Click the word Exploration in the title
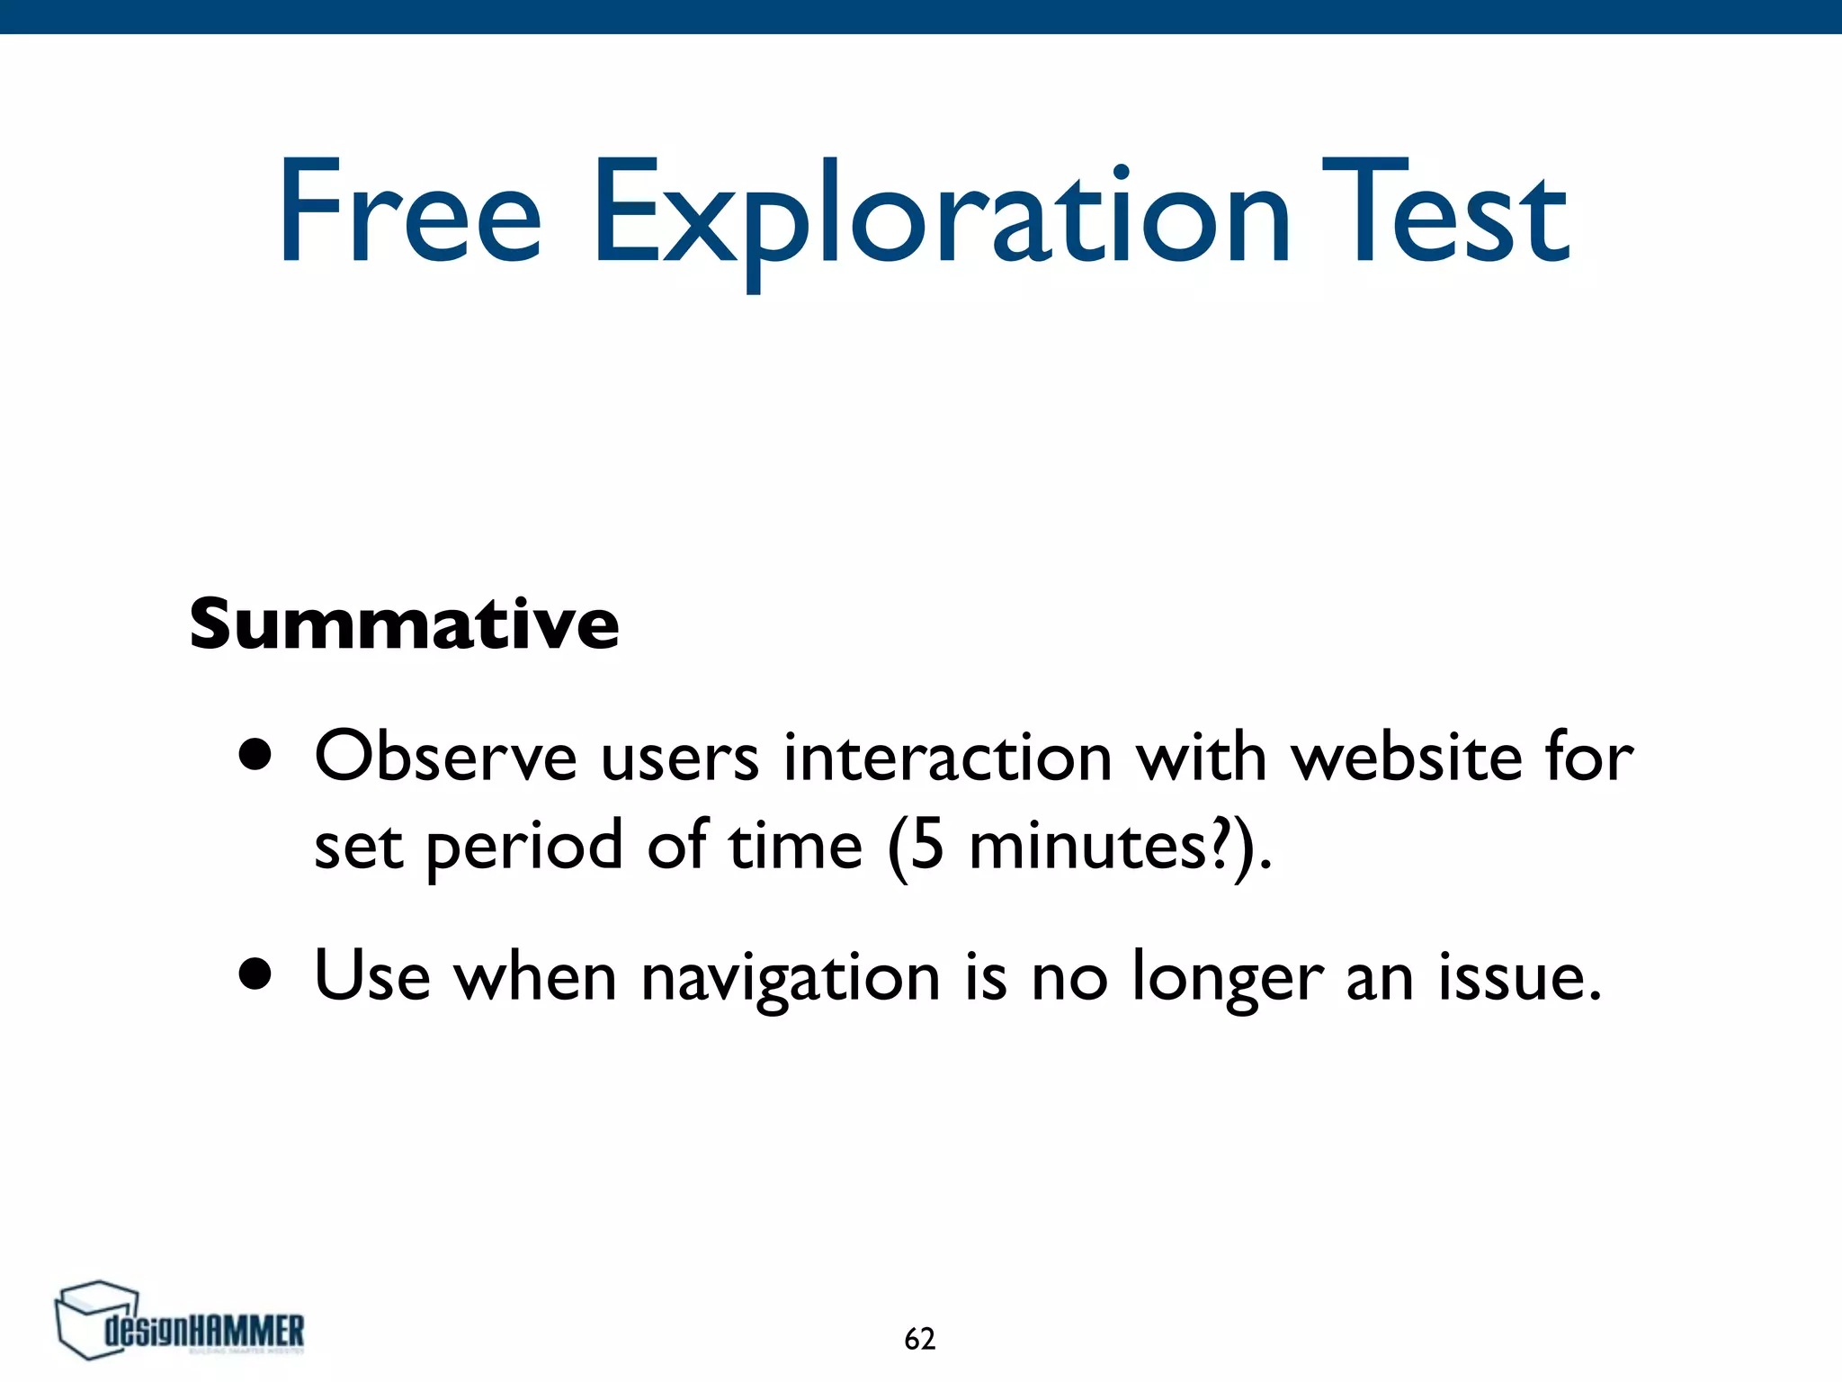coord(940,216)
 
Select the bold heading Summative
coord(404,624)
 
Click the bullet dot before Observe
coord(255,756)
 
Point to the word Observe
coord(445,756)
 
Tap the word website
coord(1407,756)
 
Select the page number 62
coord(919,1339)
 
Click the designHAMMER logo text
coord(205,1331)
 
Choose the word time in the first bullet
coord(795,846)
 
